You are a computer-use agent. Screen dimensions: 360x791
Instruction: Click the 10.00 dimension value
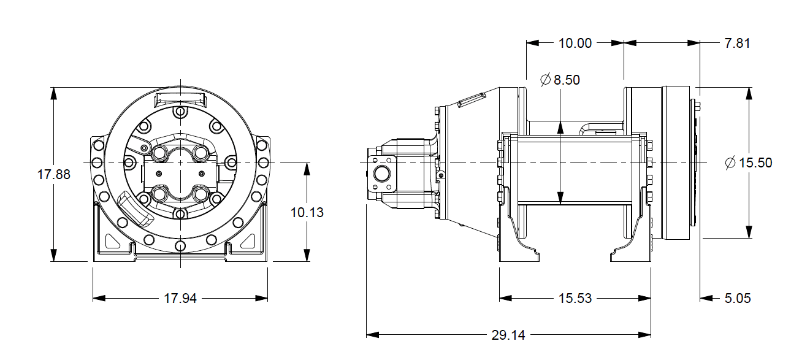575,43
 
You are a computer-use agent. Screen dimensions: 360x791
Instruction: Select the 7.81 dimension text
737,43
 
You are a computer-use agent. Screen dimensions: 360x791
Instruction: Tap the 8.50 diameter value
567,80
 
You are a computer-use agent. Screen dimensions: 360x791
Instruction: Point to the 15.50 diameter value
755,163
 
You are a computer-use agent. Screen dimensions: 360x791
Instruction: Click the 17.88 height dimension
54,174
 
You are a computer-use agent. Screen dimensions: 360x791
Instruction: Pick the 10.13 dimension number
307,213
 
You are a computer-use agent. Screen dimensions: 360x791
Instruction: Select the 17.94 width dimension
180,299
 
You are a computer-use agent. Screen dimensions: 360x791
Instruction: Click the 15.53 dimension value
575,299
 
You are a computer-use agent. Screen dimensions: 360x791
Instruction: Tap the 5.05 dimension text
737,299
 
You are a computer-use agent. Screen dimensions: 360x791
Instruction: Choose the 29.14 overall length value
508,335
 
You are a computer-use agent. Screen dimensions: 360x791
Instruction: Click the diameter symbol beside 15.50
730,163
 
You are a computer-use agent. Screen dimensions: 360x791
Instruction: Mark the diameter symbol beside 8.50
545,80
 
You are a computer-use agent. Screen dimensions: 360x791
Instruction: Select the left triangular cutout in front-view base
112,240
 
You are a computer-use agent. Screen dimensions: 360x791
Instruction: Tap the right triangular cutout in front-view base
249,240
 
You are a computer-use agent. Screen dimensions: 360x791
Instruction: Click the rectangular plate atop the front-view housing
180,99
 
